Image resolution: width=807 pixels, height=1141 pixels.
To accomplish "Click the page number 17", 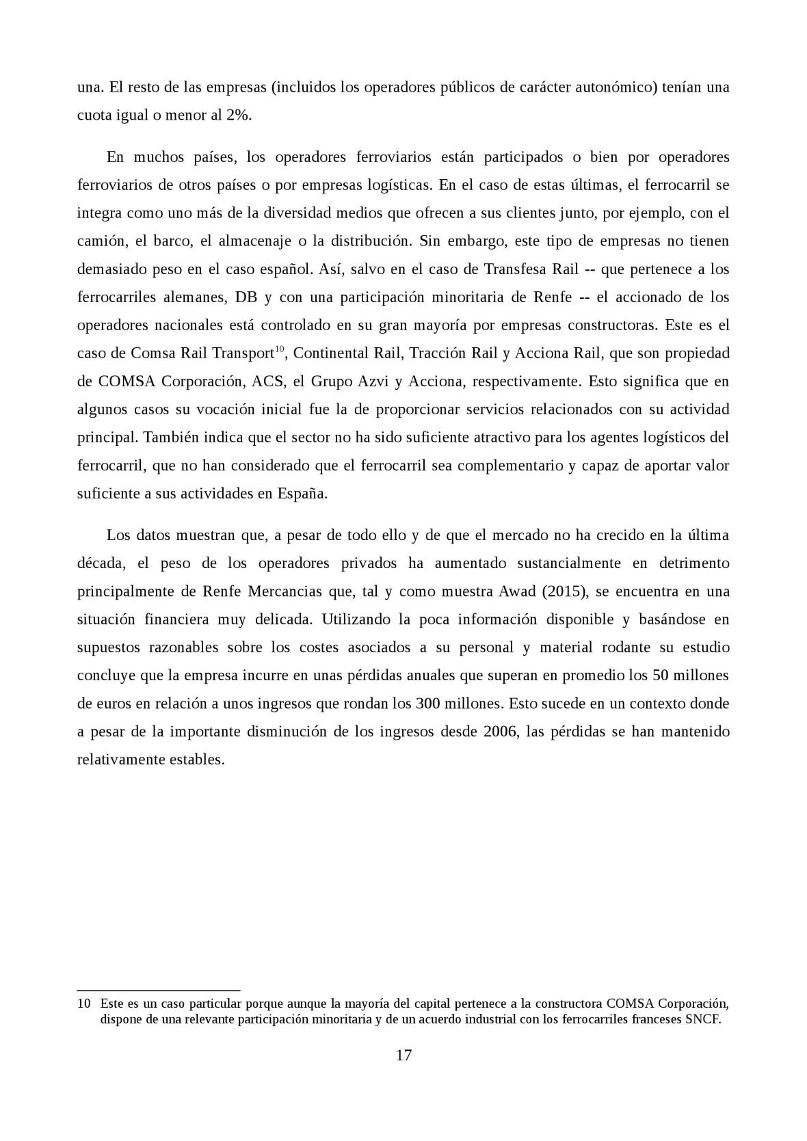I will (x=403, y=1055).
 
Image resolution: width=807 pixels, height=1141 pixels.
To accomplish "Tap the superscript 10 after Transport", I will (x=279, y=349).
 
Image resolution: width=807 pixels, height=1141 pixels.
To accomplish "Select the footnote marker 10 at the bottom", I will (x=83, y=1004).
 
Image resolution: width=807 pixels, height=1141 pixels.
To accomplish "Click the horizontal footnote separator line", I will (x=158, y=989).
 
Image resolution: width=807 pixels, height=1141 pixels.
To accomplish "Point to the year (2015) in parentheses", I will (x=564, y=591).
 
